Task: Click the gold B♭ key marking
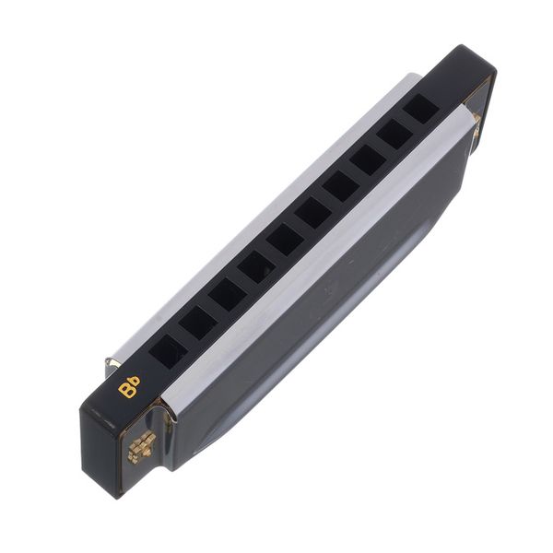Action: point(129,386)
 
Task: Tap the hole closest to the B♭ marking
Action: point(169,350)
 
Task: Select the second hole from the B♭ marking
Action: point(198,323)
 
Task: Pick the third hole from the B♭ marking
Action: point(228,295)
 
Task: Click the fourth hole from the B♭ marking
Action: point(256,267)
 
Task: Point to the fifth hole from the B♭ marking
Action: point(285,241)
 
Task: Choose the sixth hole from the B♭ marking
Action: point(313,214)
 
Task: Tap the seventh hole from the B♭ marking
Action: point(341,187)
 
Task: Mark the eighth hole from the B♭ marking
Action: point(368,160)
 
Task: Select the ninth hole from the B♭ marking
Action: point(395,135)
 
